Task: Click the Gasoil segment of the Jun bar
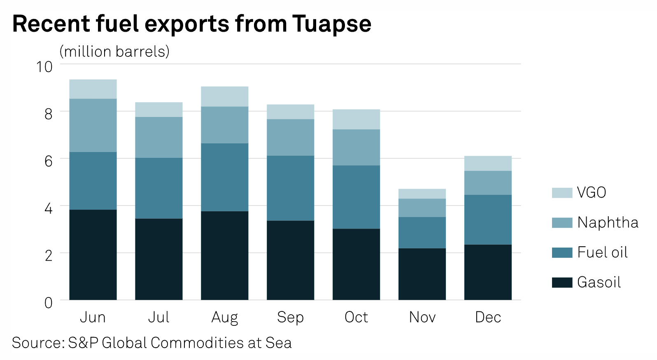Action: [x=93, y=255]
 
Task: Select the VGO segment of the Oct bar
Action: [x=356, y=119]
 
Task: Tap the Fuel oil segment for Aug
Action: [x=224, y=177]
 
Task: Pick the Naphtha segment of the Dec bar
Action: [x=488, y=183]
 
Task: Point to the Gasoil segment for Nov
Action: [x=422, y=274]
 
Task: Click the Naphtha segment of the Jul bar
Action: [x=158, y=137]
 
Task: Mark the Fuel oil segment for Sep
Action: [x=290, y=188]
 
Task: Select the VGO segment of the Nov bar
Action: [x=422, y=194]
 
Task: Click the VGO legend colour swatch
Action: [x=562, y=193]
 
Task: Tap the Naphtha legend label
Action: [x=608, y=222]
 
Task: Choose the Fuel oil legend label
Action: [x=602, y=252]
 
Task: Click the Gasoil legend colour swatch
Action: [x=562, y=282]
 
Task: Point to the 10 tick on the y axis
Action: [x=44, y=67]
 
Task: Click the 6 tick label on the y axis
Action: [x=49, y=161]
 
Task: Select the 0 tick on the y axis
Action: [x=49, y=303]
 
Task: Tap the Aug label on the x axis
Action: [x=224, y=318]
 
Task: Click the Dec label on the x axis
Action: [x=488, y=317]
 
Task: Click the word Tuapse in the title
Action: [x=332, y=24]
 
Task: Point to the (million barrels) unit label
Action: [x=114, y=51]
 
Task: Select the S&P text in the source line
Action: [x=83, y=343]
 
